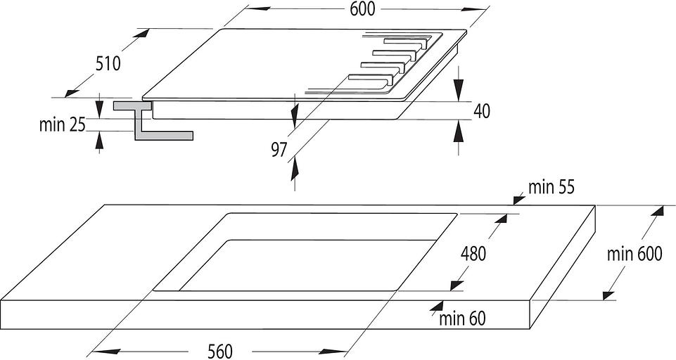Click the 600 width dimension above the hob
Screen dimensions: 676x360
[x=362, y=9]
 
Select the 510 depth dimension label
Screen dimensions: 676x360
[x=108, y=64]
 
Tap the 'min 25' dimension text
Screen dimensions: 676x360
[x=63, y=125]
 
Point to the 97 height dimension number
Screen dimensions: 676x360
[x=279, y=150]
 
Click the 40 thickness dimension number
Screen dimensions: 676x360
[x=482, y=111]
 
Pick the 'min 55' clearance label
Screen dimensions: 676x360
[x=551, y=187]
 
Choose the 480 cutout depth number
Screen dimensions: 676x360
[x=473, y=254]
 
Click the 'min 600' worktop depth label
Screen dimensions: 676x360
[x=634, y=254]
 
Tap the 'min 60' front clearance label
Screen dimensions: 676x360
[x=463, y=319]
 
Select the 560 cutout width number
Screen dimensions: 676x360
[x=220, y=352]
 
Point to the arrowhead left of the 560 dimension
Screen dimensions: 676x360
[x=103, y=352]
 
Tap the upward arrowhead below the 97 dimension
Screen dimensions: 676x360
[x=295, y=169]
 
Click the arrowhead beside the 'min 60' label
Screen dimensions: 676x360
[x=437, y=306]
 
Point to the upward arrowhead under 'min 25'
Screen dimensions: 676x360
[x=100, y=142]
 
